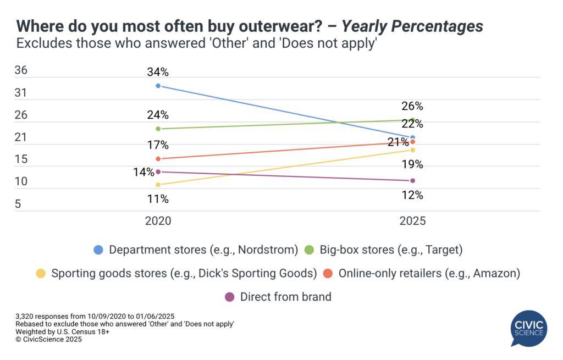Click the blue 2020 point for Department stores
coord(158,86)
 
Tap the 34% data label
coord(158,72)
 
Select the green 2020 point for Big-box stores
coord(158,129)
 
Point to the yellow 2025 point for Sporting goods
coord(413,150)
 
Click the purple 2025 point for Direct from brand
coord(413,180)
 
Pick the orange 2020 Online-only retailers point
coord(158,159)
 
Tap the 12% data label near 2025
coord(412,195)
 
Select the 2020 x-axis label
coord(158,221)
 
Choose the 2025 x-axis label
coord(412,221)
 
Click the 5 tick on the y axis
coord(18,204)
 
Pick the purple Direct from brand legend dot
coord(229,297)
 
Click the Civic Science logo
coord(528,329)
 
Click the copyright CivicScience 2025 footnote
coord(49,340)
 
